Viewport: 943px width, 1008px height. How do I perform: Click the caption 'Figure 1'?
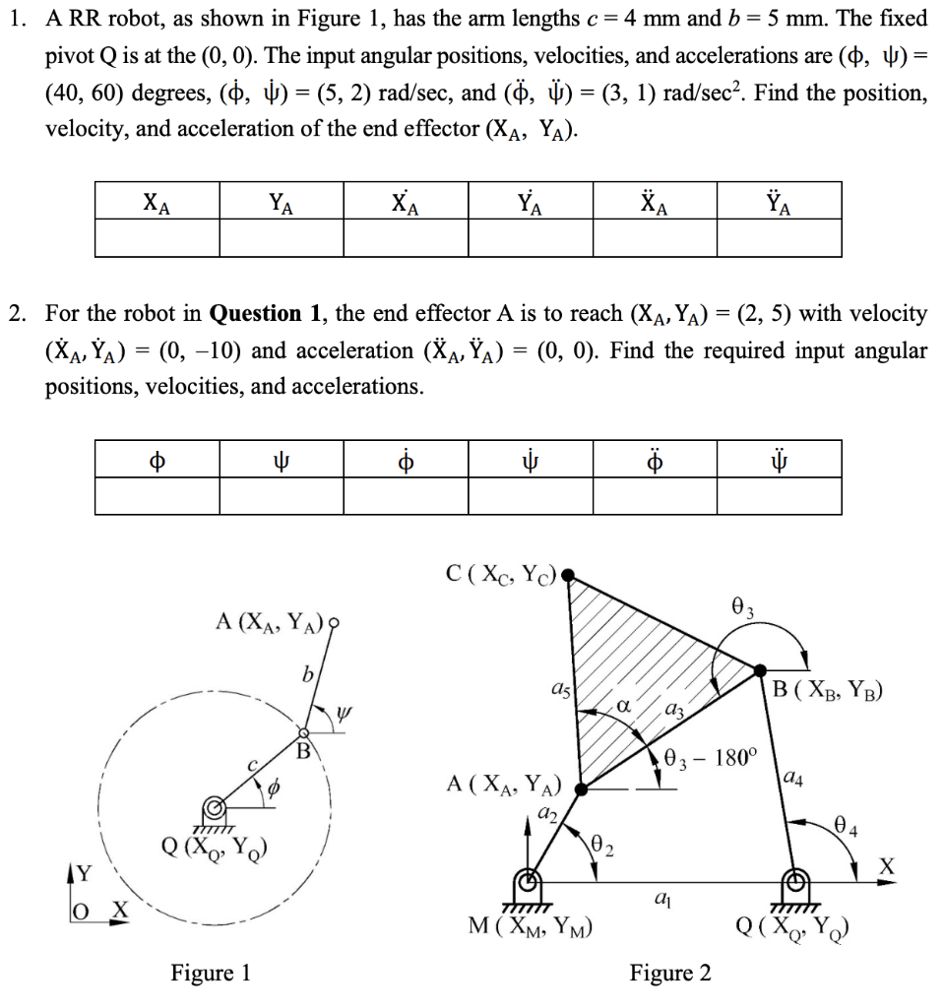point(211,974)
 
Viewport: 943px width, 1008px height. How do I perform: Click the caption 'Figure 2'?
point(670,974)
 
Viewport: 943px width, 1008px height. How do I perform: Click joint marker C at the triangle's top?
point(567,573)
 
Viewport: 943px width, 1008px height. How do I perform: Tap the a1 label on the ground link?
point(662,898)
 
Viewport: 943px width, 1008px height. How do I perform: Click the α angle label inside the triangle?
point(624,706)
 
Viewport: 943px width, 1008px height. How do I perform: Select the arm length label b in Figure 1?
point(308,677)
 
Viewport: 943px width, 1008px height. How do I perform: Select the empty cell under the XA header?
point(157,237)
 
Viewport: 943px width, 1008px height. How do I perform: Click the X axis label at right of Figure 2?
point(888,865)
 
